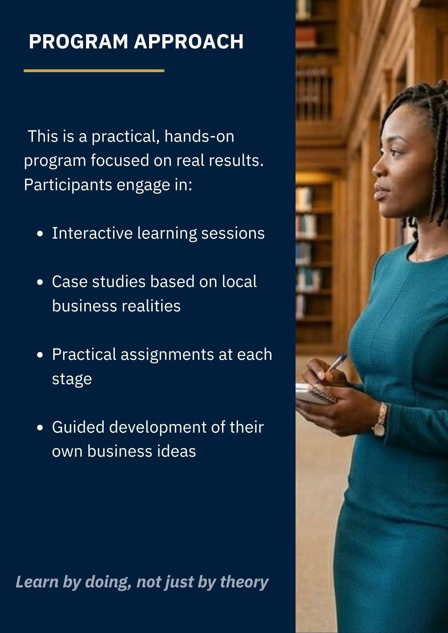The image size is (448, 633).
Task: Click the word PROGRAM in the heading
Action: point(78,41)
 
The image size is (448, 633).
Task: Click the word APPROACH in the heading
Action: point(189,41)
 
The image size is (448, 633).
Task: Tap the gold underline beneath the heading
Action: point(94,71)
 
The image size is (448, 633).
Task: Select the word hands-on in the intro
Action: point(199,136)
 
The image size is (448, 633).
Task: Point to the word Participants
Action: point(68,185)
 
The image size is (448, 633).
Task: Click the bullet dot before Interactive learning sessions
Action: point(40,234)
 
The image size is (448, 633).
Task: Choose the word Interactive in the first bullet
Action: point(92,233)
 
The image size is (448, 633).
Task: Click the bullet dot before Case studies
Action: point(40,282)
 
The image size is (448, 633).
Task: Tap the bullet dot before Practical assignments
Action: point(40,355)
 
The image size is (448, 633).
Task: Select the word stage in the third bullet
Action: point(72,379)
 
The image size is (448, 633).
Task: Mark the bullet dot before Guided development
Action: point(40,428)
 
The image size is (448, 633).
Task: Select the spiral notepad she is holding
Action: point(316,394)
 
